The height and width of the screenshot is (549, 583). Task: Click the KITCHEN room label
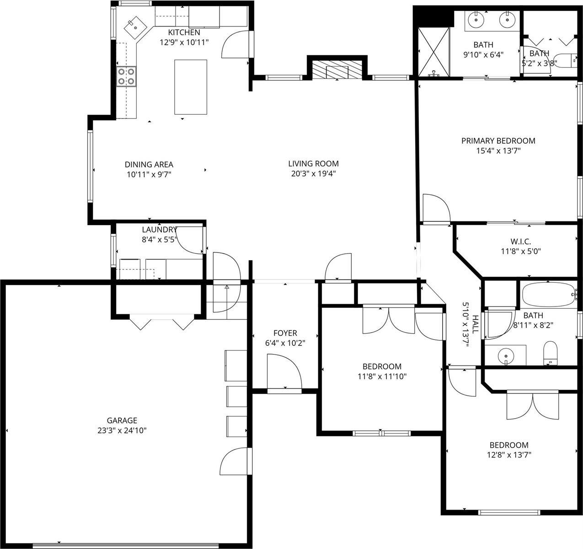(184, 32)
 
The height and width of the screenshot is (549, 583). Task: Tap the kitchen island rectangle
(191, 86)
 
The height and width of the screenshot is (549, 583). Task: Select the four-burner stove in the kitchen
(126, 76)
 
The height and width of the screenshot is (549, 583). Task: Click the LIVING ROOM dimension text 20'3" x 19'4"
(313, 173)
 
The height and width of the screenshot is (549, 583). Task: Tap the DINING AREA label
(149, 165)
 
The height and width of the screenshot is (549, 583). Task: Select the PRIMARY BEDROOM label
(498, 141)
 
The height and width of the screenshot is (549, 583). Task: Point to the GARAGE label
(122, 420)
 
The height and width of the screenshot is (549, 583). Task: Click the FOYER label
(285, 333)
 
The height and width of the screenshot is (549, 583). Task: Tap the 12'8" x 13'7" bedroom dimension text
(509, 455)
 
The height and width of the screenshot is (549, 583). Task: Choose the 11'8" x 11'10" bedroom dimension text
(382, 377)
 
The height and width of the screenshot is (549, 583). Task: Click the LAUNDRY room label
(159, 230)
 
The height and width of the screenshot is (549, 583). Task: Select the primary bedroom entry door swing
(435, 208)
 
